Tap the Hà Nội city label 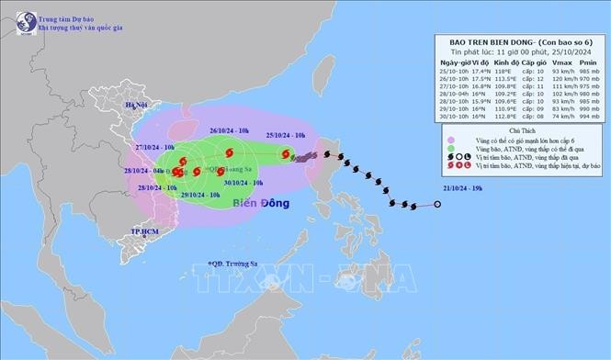point(137,106)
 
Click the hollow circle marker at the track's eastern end point(437,204)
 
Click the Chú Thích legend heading point(520,130)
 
